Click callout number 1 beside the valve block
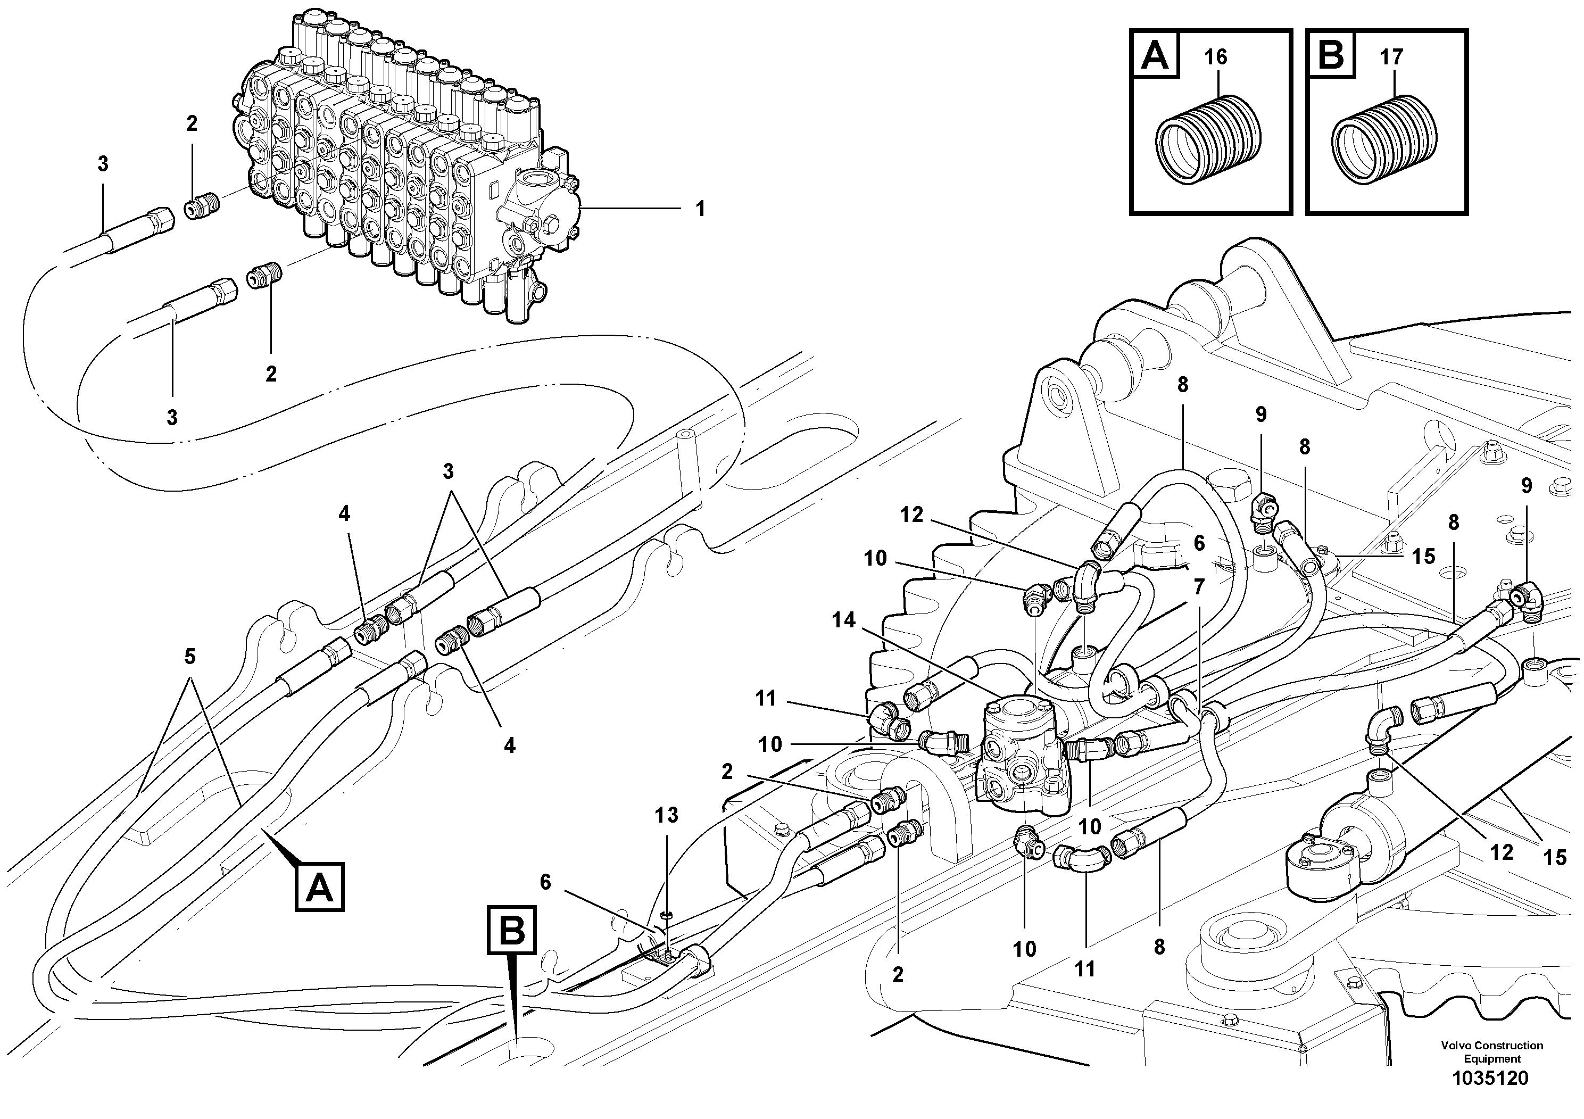point(700,209)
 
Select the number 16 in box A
point(1216,56)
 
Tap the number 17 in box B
point(1391,56)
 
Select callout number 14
point(843,620)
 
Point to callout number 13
point(667,816)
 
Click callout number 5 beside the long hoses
point(190,656)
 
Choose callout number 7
point(1198,587)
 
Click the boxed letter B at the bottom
point(512,930)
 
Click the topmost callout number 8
point(1182,385)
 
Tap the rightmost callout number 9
point(1526,486)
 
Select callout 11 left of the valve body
point(766,699)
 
